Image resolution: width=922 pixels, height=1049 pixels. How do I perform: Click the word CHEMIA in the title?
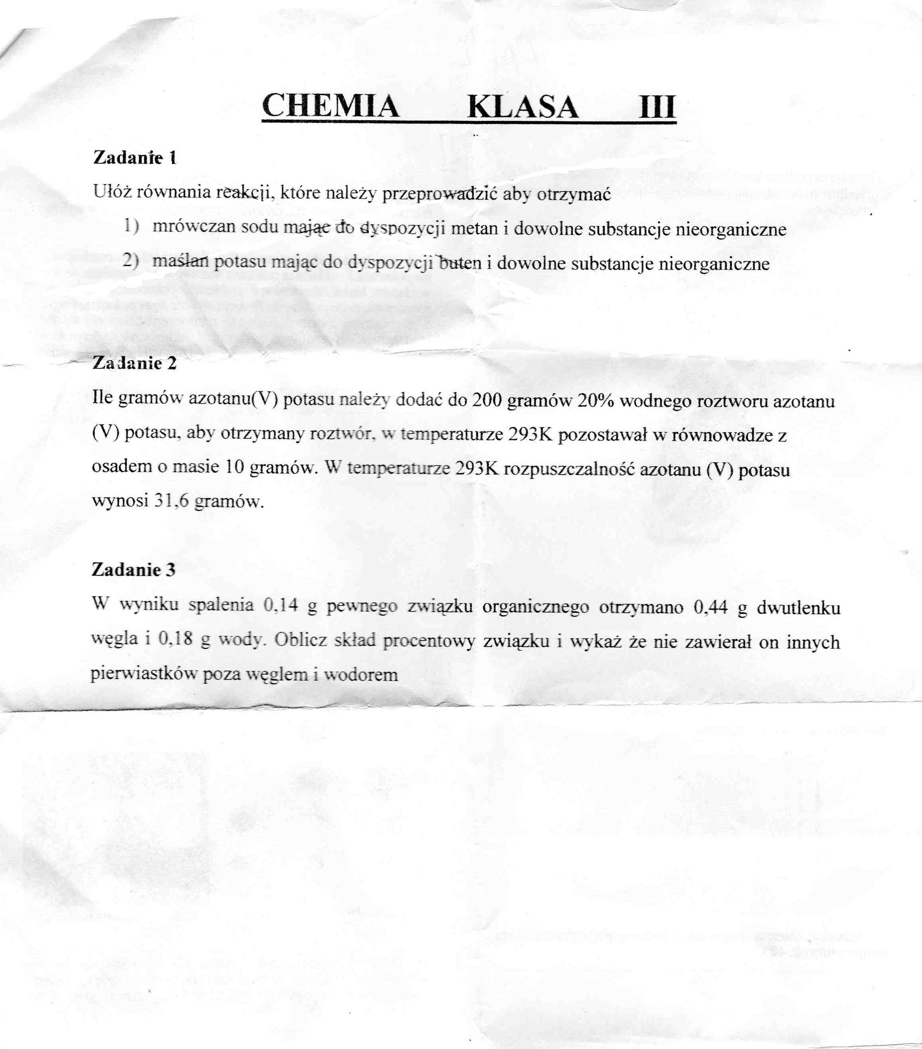[x=330, y=106]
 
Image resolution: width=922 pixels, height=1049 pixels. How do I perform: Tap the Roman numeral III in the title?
[x=657, y=107]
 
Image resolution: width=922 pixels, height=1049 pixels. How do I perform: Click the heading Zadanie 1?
[x=135, y=158]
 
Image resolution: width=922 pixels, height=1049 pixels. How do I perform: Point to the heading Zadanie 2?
[x=135, y=363]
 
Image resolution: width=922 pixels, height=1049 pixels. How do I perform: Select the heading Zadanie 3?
[x=133, y=570]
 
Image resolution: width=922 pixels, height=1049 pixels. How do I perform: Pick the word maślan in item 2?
[x=180, y=262]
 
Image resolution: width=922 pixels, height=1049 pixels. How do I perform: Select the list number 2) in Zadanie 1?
[x=131, y=261]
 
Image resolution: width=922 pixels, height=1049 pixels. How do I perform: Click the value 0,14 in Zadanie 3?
[x=280, y=606]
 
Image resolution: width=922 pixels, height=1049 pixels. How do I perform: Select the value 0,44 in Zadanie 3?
[x=710, y=608]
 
